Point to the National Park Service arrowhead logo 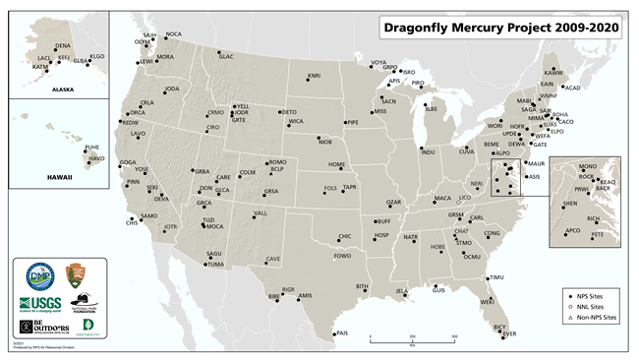tap(76, 275)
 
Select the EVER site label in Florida tap(509, 333)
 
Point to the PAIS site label tap(343, 333)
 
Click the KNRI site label tap(314, 75)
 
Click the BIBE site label tap(274, 295)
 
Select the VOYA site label tap(378, 63)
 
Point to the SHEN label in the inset tap(569, 203)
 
